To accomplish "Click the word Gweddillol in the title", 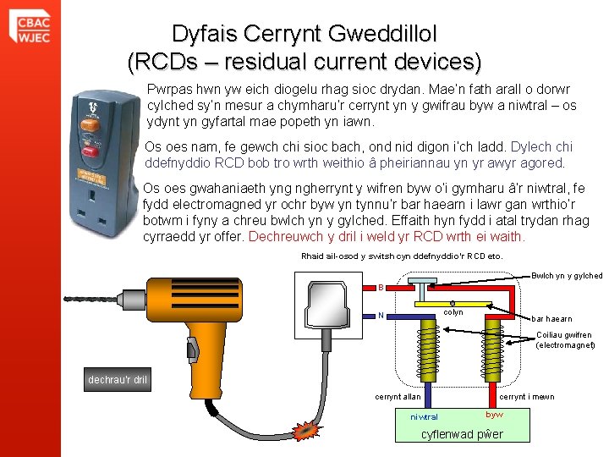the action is tap(366, 34).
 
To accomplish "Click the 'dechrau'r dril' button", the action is tap(118, 379).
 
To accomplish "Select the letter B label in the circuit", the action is tap(381, 288).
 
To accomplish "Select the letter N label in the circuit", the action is tap(381, 317).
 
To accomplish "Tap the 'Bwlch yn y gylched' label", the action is tap(566, 276).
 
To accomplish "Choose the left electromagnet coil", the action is tap(431, 351).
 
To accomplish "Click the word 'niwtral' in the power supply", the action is tap(424, 417).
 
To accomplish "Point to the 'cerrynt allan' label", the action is tap(397, 397).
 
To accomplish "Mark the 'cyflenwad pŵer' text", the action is tap(461, 435).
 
